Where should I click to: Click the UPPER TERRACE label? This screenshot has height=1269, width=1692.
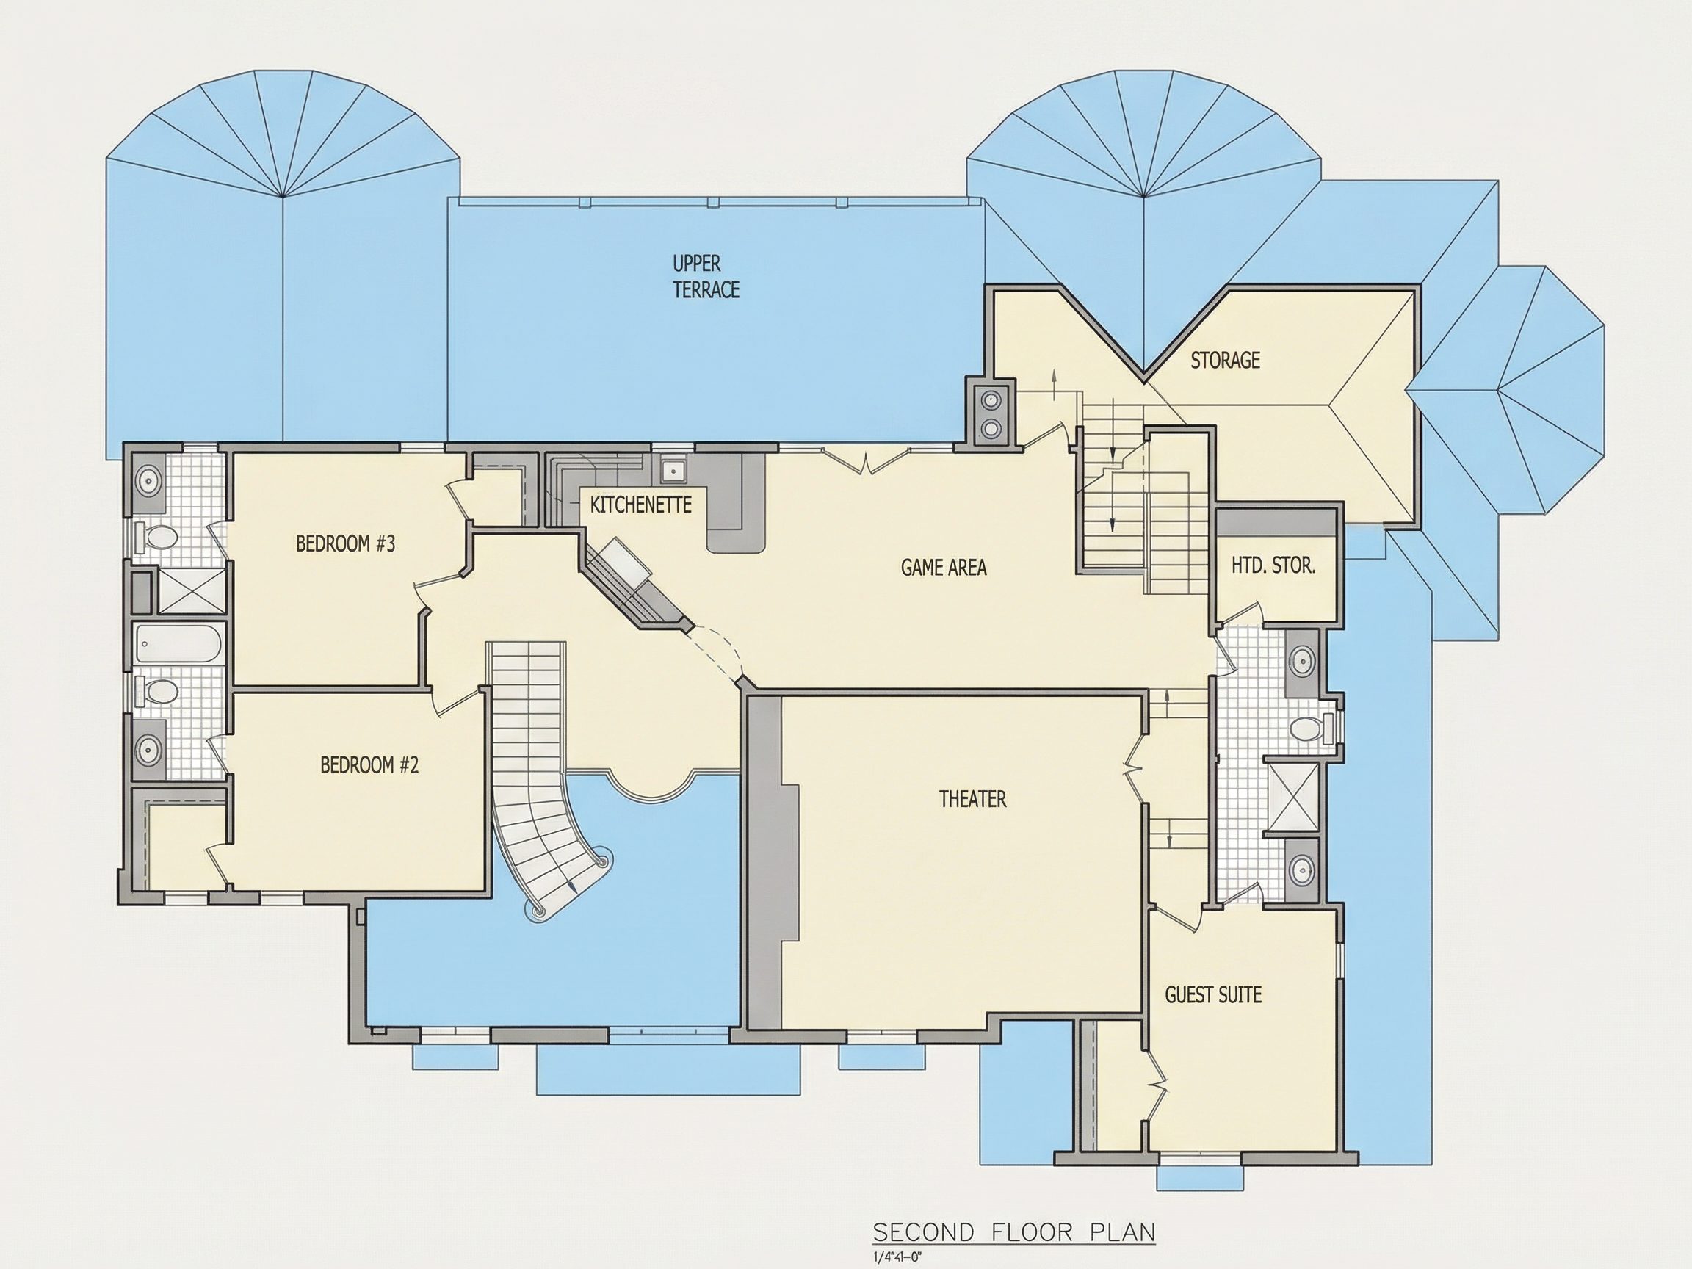click(x=705, y=276)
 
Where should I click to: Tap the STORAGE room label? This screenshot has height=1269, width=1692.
click(x=1225, y=361)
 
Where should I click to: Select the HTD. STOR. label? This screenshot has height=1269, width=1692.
click(x=1273, y=566)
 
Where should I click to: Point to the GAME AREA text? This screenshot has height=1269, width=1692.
click(x=943, y=567)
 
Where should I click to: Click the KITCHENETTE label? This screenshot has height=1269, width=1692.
click(x=641, y=505)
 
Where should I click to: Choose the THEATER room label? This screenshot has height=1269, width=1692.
click(x=972, y=799)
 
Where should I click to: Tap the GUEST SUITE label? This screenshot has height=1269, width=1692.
click(x=1213, y=995)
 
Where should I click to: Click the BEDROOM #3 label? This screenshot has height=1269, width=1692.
click(x=345, y=544)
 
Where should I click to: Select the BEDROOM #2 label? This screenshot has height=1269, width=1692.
click(x=369, y=765)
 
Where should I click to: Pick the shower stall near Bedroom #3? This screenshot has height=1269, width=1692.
click(x=191, y=590)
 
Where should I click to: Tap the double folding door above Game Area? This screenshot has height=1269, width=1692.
click(x=865, y=460)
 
